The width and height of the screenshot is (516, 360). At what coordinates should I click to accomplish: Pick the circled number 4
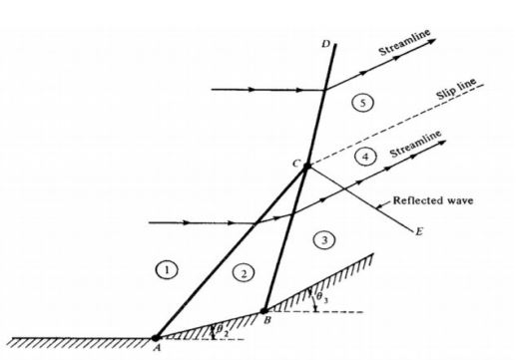[x=366, y=158]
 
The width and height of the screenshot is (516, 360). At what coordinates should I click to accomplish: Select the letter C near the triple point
[x=294, y=161]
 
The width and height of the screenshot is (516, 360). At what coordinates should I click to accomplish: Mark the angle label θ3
[x=319, y=296]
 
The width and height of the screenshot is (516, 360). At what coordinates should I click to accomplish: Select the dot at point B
[x=263, y=309]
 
